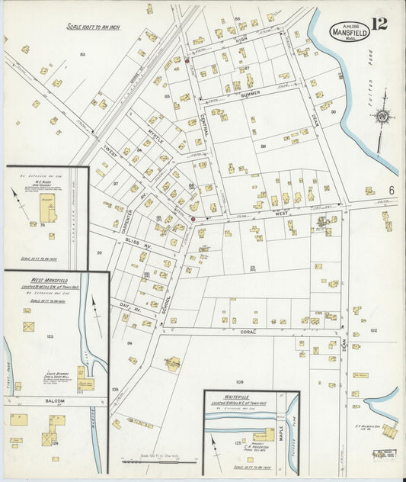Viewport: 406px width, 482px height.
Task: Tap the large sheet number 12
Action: [x=379, y=24]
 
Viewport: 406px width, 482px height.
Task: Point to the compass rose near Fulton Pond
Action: [x=383, y=117]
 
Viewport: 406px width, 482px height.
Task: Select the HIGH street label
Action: [x=242, y=39]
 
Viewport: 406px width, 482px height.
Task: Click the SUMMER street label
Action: [x=251, y=94]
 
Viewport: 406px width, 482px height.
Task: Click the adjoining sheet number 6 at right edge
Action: [x=391, y=189]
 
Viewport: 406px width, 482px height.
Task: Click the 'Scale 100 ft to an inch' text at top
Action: [x=94, y=27]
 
